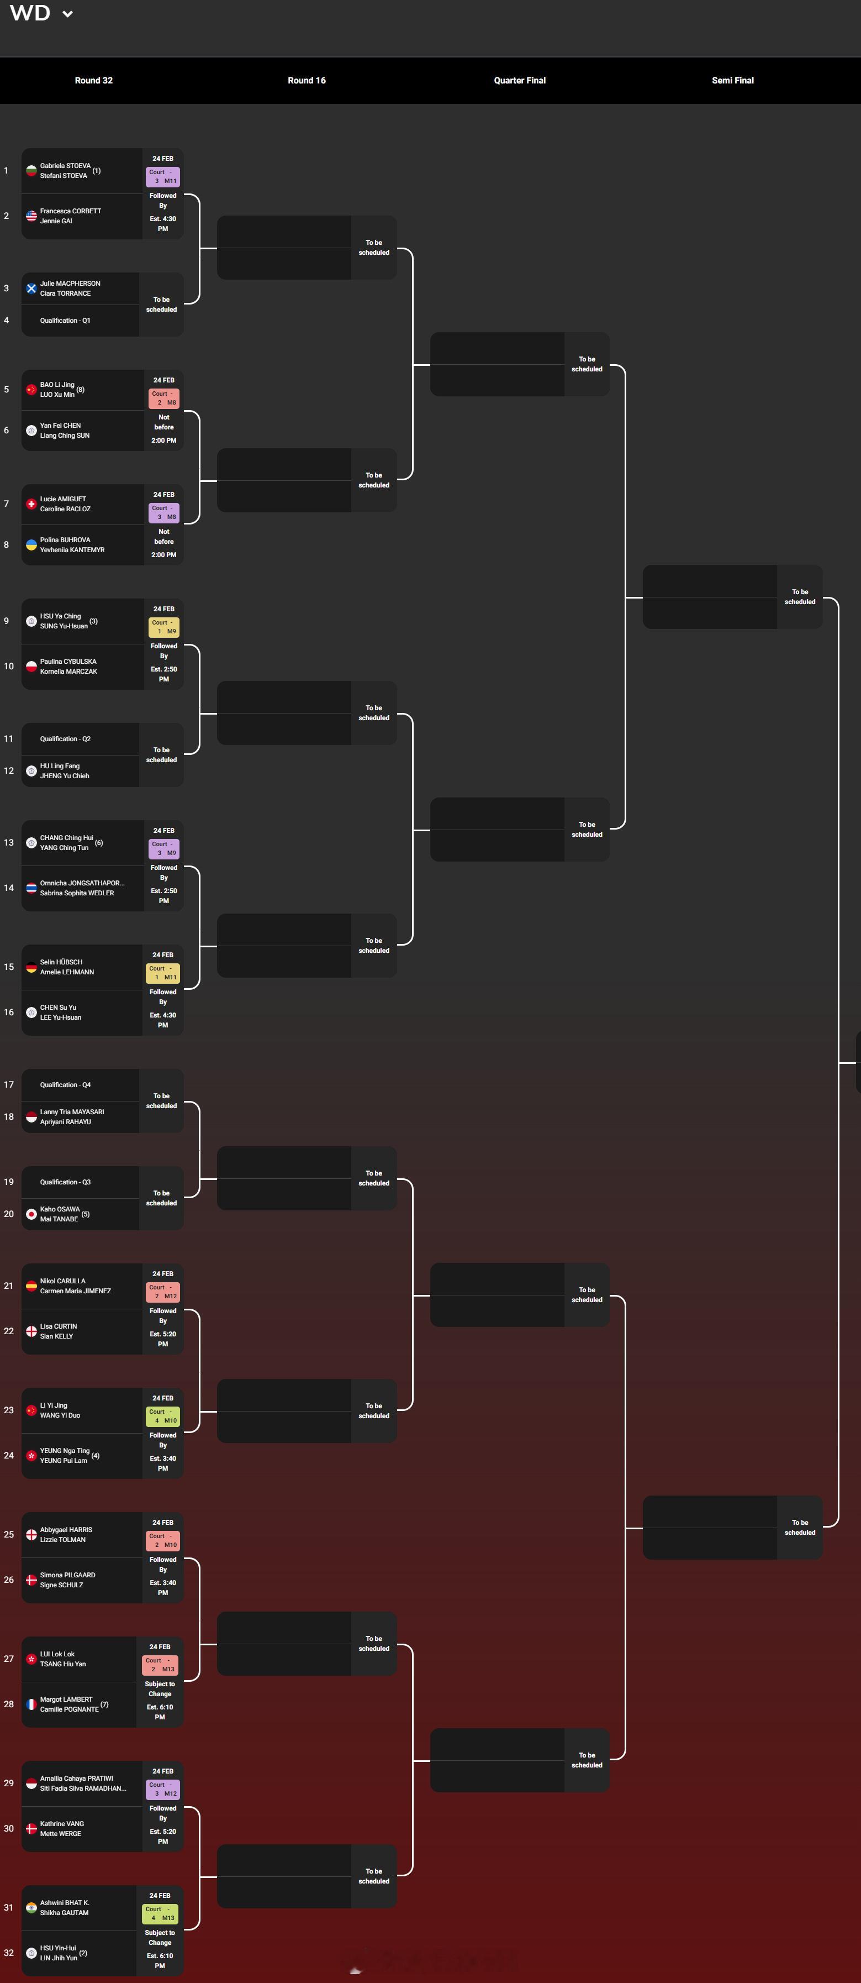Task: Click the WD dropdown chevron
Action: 68,14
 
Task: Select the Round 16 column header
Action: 306,80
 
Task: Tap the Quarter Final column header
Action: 519,80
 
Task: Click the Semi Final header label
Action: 732,80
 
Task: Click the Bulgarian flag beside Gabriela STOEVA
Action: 31,171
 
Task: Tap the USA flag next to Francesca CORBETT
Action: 31,216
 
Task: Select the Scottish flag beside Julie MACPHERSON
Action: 31,288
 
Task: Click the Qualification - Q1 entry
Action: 65,320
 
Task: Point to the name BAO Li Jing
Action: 57,384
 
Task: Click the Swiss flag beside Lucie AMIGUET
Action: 31,504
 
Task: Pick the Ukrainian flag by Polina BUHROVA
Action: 31,545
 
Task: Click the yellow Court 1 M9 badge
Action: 164,627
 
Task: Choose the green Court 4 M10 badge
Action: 163,1415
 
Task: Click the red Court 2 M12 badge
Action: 163,1292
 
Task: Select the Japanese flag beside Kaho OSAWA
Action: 31,1214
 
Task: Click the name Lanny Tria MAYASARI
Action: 72,1111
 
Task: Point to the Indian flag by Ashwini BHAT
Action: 31,1908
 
